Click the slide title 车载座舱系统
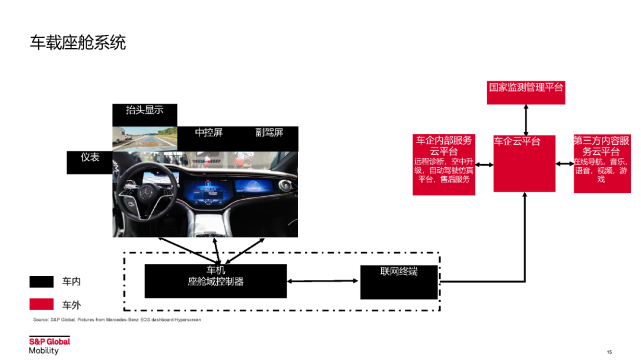78,43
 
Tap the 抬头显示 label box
144,114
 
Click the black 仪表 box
90,162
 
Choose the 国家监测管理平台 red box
525,92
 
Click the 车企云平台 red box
525,164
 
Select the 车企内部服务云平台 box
443,164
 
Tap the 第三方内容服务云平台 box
602,163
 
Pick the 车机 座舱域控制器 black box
215,281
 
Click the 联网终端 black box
399,282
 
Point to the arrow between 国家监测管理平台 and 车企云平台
525,120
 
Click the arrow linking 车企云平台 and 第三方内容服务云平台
564,164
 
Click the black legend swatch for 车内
42,281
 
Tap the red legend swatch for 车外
42,304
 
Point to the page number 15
609,351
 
